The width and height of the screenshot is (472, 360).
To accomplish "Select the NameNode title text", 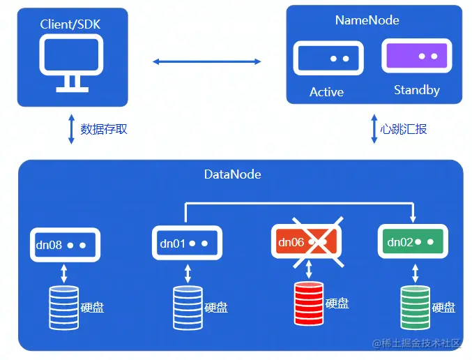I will (367, 20).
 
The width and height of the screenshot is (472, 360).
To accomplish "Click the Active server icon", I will (327, 58).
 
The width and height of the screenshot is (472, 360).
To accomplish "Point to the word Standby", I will (416, 90).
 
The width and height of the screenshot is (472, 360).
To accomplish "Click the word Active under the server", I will (326, 92).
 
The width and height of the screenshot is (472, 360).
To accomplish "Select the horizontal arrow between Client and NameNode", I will (207, 62).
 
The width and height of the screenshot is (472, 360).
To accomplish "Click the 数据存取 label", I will (104, 129).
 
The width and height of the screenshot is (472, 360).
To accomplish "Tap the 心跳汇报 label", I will (404, 129).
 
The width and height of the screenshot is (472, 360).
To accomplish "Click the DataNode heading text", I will (233, 174).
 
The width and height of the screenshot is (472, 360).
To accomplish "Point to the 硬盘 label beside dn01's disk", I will (216, 308).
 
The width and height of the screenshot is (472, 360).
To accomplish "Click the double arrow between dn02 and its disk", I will (415, 273).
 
